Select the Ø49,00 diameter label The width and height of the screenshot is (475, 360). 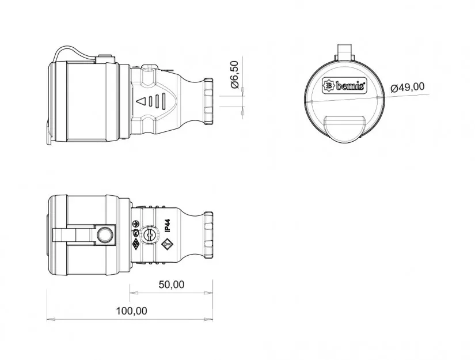(407, 87)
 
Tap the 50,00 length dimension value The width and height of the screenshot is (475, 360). (171, 284)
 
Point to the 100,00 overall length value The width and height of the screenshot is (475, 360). (131, 311)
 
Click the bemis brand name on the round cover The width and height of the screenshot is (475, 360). (350, 86)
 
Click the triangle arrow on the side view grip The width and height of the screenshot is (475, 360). (140, 102)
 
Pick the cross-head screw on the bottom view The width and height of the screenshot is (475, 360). (150, 235)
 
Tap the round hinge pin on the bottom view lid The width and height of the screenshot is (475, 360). (105, 235)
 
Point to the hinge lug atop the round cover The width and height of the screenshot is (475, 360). (344, 51)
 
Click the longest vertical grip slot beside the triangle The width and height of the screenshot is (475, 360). (162, 102)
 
